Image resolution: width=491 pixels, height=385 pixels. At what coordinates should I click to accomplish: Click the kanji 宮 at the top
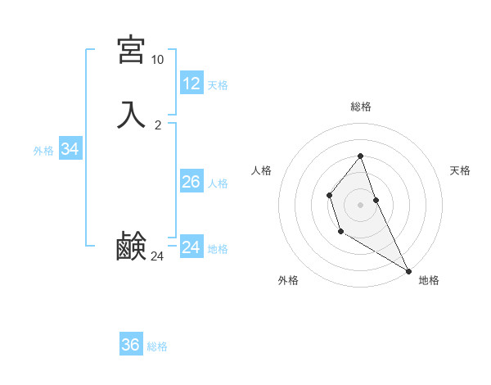(x=131, y=50)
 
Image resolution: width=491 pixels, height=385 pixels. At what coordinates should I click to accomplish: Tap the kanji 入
(x=131, y=114)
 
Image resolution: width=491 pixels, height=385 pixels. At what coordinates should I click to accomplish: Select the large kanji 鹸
(x=131, y=247)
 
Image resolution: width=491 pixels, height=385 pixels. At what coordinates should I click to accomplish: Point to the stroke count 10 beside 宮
(x=157, y=60)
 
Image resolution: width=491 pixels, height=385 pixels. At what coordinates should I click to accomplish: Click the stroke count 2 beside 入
(x=158, y=125)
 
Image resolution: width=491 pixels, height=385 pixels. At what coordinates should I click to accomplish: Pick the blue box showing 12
(x=191, y=83)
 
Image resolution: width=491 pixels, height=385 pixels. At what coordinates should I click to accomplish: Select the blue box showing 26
(x=191, y=182)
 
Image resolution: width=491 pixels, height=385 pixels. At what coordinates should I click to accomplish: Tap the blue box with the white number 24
(x=191, y=247)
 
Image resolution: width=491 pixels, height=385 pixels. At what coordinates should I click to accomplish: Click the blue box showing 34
(x=70, y=149)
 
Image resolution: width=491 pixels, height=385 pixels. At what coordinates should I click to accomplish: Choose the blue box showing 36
(x=131, y=345)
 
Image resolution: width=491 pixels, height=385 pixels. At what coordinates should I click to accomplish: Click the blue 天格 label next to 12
(x=218, y=85)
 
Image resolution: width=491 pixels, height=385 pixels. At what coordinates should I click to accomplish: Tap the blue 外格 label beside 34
(x=43, y=151)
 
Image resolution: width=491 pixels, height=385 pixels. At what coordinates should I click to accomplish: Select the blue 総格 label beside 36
(x=157, y=346)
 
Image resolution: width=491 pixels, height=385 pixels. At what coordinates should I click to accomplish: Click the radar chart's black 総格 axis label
(x=361, y=106)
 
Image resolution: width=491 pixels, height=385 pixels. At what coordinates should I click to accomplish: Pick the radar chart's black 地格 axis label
(x=429, y=280)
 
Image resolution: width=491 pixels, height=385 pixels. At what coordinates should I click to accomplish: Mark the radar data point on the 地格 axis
(x=409, y=270)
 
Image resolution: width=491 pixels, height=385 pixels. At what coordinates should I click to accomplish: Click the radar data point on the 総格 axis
(x=361, y=156)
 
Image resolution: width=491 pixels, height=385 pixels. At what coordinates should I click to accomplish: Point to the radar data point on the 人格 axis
(x=329, y=195)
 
